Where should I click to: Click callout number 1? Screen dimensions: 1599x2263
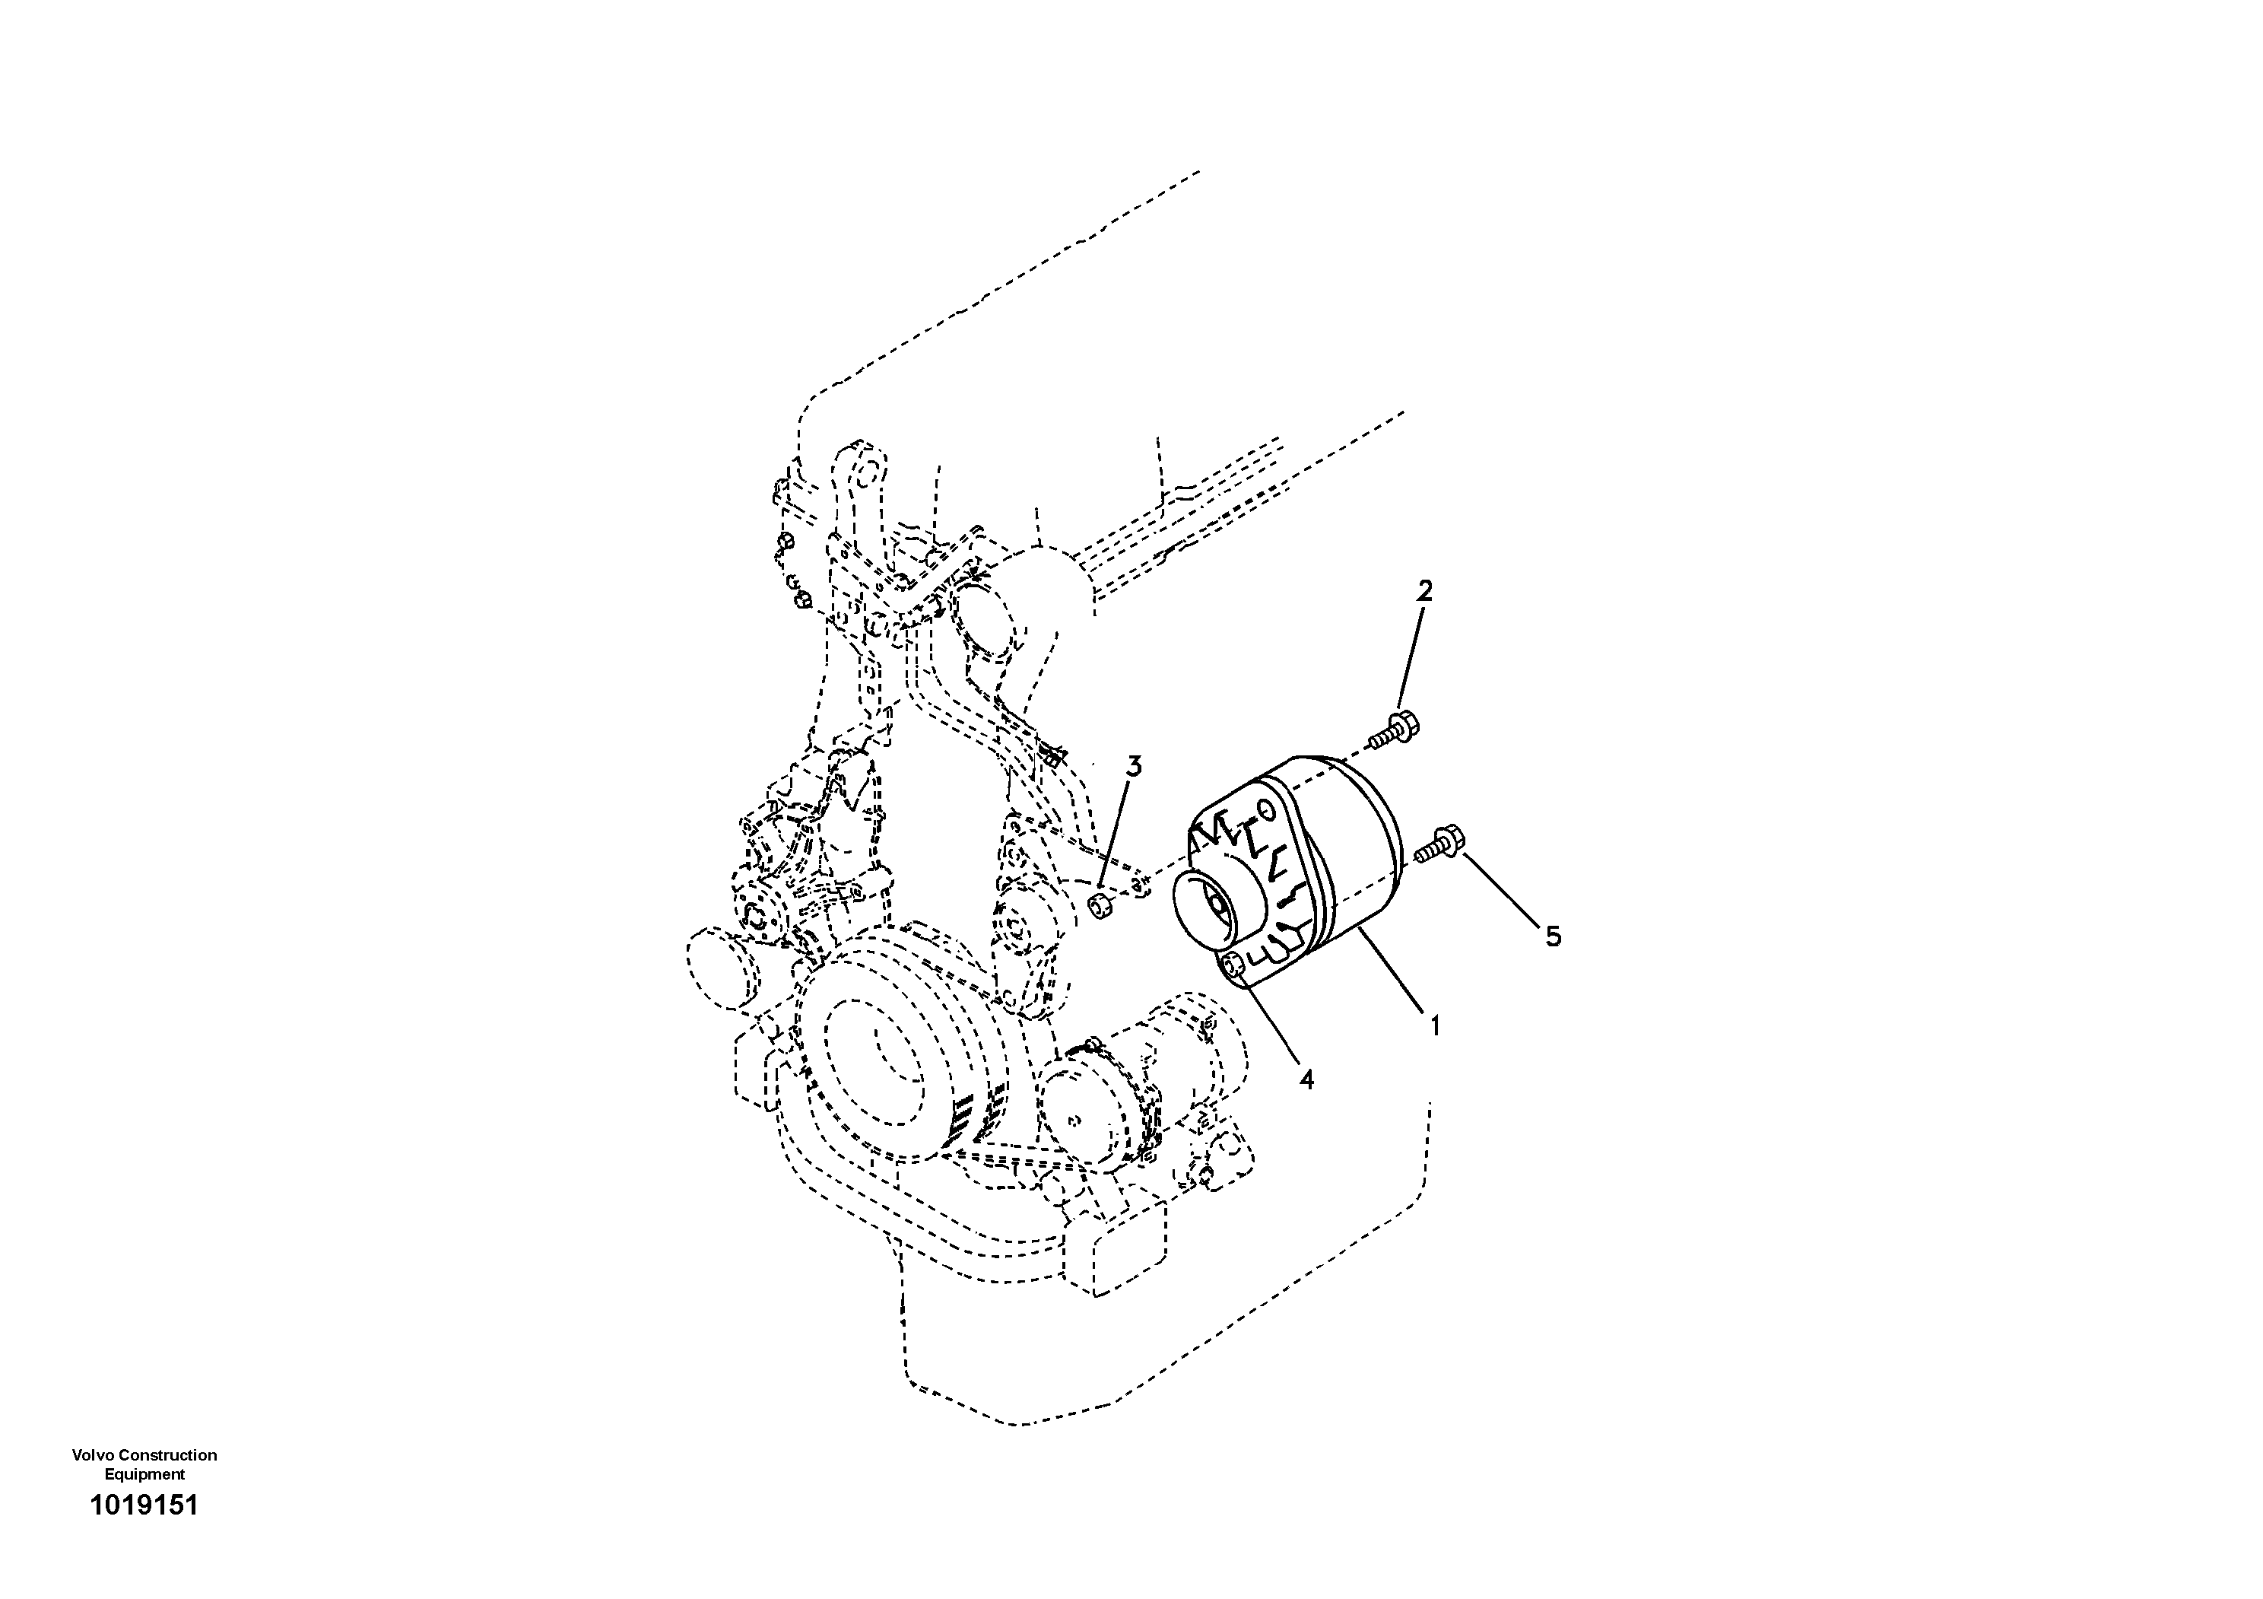pos(1435,1026)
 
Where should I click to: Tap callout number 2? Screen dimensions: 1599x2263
pos(1424,592)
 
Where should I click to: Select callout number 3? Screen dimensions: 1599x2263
pos(1135,766)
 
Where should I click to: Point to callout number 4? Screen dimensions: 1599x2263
pos(1306,1080)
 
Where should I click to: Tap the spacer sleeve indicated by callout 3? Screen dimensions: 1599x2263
pos(1101,905)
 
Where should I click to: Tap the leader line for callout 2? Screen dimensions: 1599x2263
pos(1412,660)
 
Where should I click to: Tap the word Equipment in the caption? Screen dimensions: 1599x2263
pos(145,1475)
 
